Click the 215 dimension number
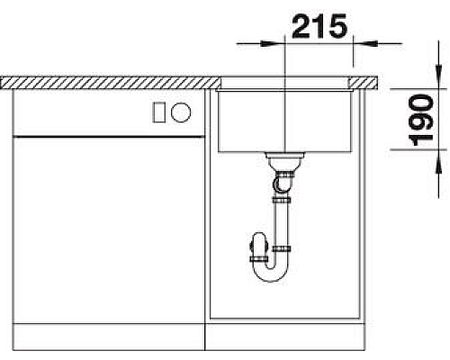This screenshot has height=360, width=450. click(319, 27)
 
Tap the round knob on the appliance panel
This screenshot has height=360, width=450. click(181, 112)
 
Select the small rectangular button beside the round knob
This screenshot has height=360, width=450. click(160, 112)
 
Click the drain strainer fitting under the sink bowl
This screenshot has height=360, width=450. click(284, 162)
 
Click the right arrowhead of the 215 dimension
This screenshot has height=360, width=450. click(359, 41)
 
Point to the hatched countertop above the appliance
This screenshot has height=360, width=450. click(108, 83)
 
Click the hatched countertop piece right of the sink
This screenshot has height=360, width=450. click(365, 83)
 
